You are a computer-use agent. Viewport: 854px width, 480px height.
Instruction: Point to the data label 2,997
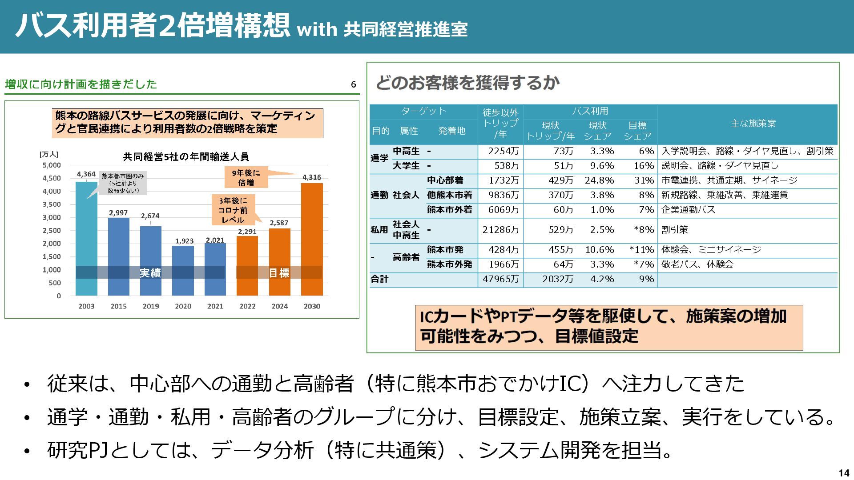118,213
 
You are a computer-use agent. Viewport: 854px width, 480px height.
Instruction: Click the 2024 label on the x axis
280,306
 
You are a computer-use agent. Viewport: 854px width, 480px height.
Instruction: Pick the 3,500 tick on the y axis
52,204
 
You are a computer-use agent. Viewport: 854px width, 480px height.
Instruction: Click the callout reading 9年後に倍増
246,178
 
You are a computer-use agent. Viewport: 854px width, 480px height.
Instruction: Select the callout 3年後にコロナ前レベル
233,210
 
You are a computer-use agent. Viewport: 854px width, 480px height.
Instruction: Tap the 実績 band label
150,273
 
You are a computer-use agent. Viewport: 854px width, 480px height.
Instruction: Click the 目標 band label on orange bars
279,273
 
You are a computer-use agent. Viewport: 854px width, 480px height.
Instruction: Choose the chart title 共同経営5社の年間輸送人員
186,157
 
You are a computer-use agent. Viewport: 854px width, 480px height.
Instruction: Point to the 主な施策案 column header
753,124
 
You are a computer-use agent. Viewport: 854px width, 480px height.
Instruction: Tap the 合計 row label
379,279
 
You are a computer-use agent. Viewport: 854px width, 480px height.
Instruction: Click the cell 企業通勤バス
688,210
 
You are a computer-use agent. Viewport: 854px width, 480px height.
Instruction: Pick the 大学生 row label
406,166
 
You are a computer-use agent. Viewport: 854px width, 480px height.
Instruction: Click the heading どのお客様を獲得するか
467,83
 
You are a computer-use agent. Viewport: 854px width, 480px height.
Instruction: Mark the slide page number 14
843,473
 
